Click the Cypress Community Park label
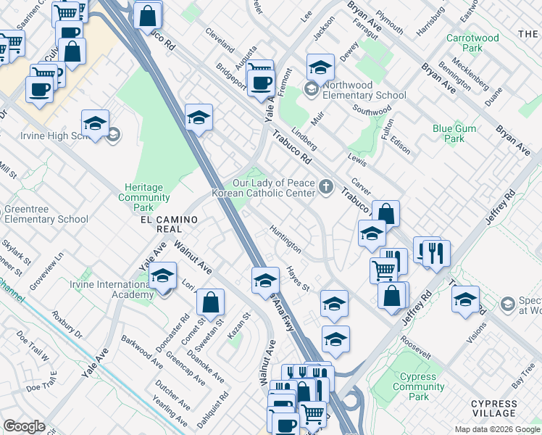click(x=419, y=386)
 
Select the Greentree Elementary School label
click(x=46, y=215)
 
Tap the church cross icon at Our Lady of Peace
click(x=326, y=187)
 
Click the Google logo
click(x=24, y=426)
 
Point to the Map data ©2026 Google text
click(x=496, y=429)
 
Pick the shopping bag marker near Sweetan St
click(x=210, y=304)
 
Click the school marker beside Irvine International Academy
click(x=163, y=276)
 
